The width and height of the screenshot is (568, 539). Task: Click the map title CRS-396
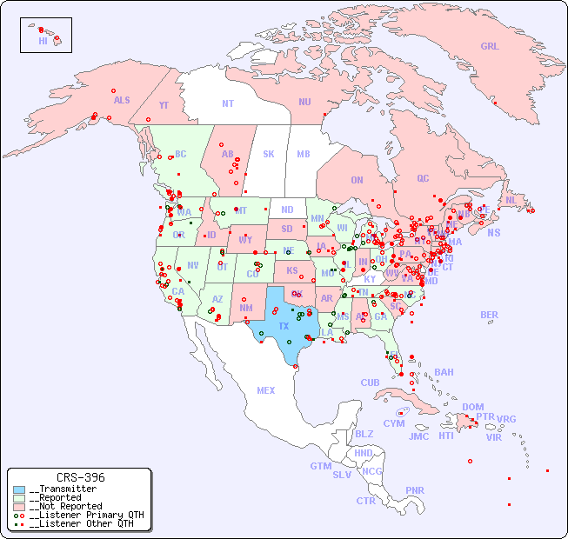pos(80,477)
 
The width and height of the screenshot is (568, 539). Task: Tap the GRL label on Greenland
pos(490,47)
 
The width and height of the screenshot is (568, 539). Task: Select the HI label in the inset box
pos(43,41)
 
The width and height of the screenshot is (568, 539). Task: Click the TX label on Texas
pos(283,326)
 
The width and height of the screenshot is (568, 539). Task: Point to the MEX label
pos(266,390)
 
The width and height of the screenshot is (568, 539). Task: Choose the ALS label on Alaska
pos(122,100)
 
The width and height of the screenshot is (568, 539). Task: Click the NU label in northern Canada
pos(304,102)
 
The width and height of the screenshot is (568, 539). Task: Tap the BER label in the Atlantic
pos(489,315)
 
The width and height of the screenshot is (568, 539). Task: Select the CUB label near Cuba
pos(370,383)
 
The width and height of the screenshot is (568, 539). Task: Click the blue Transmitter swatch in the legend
pos(19,489)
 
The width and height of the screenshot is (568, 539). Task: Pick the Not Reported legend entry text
pos(65,506)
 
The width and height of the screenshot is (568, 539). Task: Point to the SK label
pos(269,154)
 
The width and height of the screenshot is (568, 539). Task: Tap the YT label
pos(164,105)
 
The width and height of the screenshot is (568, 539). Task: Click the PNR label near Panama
pos(415,490)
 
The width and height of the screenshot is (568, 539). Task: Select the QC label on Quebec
pos(423,178)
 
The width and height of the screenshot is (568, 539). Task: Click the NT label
pos(227,103)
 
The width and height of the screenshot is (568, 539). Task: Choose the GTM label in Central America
pos(320,466)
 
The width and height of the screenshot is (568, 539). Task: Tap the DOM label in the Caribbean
pos(472,407)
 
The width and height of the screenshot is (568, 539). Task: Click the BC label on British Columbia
pos(180,154)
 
